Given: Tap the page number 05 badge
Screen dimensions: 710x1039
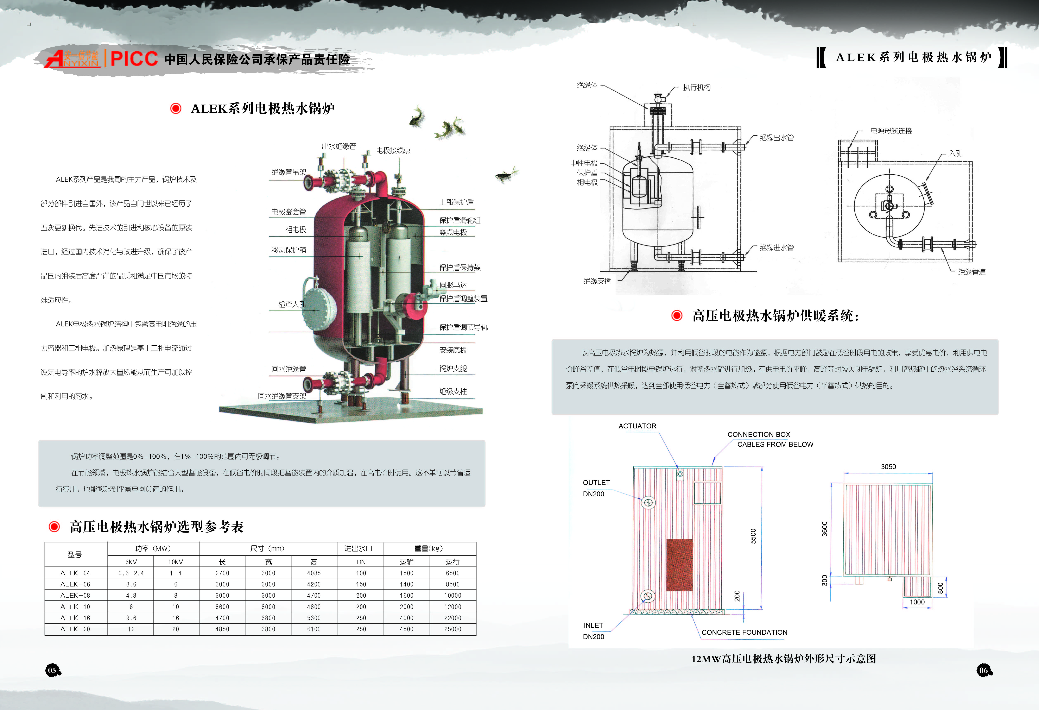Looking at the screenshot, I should click(x=52, y=670).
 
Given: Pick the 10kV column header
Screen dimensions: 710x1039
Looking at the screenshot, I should click(x=175, y=561).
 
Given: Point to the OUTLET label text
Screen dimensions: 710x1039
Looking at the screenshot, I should click(x=596, y=482).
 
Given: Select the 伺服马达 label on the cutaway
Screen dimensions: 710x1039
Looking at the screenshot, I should click(x=453, y=285).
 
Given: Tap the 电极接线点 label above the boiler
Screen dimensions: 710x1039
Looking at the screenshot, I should click(x=393, y=150).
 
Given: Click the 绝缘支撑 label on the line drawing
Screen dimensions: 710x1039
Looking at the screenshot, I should click(x=597, y=281).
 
